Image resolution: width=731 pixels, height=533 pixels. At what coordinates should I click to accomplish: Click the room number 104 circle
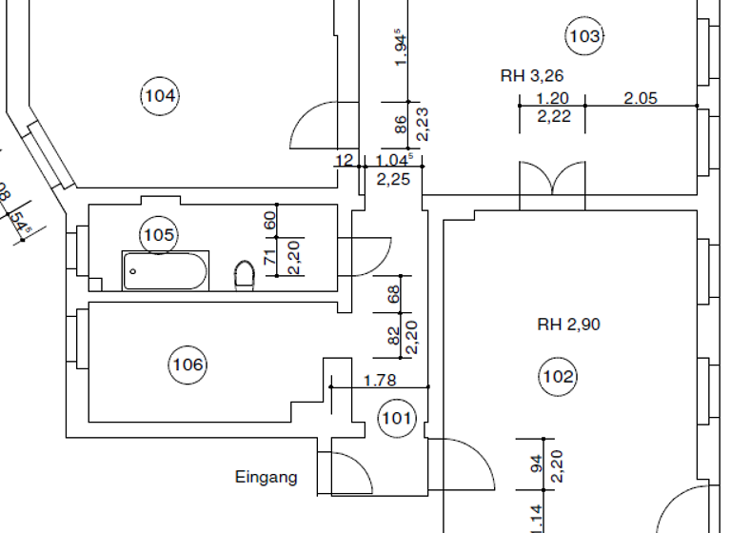click(x=160, y=95)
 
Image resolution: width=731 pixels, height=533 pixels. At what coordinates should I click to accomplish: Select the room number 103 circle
click(x=584, y=37)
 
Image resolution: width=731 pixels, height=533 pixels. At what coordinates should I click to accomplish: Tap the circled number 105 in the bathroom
click(x=159, y=233)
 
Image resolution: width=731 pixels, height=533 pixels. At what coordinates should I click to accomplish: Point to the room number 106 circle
click(x=188, y=364)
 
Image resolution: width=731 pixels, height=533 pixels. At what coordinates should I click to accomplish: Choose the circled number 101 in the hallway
click(x=396, y=417)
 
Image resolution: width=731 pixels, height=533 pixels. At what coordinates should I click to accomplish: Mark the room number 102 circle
click(x=558, y=376)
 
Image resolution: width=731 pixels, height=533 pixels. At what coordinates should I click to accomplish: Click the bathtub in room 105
click(x=165, y=271)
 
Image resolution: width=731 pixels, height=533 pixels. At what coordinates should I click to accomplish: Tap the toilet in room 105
click(x=245, y=276)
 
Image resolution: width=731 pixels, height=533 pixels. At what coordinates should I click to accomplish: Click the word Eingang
click(x=266, y=478)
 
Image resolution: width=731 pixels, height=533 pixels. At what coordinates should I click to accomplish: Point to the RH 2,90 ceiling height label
click(x=568, y=325)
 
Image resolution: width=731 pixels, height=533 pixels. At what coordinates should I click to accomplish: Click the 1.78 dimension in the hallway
click(x=380, y=381)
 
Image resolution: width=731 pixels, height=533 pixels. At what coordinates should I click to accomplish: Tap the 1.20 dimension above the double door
click(x=552, y=97)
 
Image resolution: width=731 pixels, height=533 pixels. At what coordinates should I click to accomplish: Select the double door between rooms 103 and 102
click(x=552, y=181)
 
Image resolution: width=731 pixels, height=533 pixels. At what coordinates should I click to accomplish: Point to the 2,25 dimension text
click(x=393, y=177)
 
